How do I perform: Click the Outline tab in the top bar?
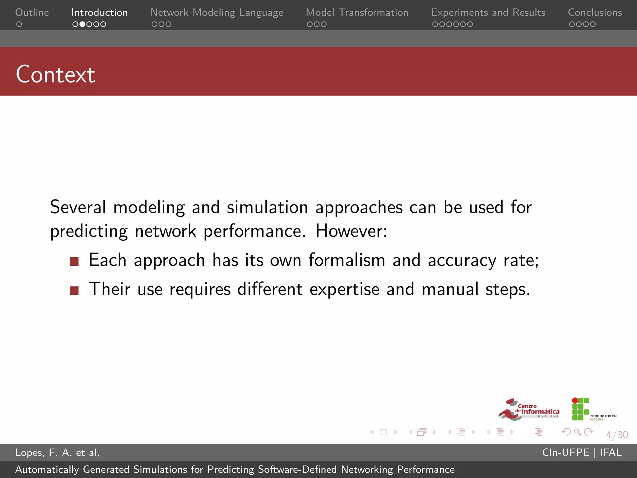[32, 12]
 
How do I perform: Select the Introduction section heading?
[99, 12]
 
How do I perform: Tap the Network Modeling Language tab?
[217, 12]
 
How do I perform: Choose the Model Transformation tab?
[357, 12]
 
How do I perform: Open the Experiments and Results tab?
[488, 12]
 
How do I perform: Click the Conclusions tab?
[595, 12]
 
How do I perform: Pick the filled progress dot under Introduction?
[82, 24]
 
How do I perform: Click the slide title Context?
[55, 74]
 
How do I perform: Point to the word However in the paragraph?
[351, 231]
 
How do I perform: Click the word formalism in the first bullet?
[346, 260]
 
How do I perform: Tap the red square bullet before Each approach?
[74, 261]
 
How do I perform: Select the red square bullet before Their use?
[74, 290]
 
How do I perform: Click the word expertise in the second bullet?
[344, 289]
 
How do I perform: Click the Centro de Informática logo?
[528, 410]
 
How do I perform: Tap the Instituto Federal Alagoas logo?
[593, 410]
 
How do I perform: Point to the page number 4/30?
[617, 434]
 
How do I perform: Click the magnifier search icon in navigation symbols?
[577, 432]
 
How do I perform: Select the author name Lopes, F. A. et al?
[57, 452]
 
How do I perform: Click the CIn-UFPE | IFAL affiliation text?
[582, 452]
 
